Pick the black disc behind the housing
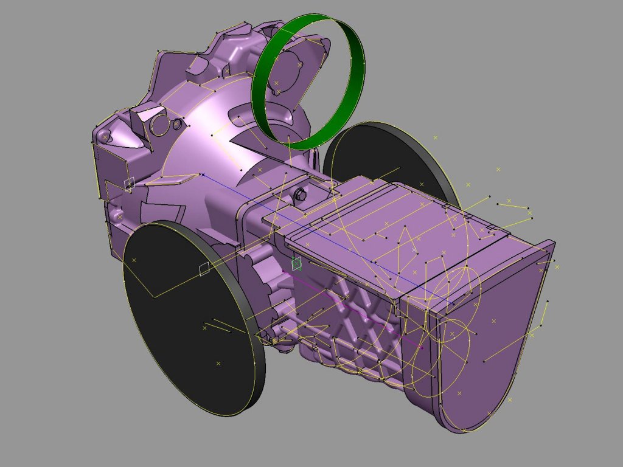pyautogui.click(x=389, y=152)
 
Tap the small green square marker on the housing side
pyautogui.click(x=296, y=263)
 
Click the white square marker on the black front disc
pyautogui.click(x=205, y=269)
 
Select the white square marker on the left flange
pyautogui.click(x=129, y=183)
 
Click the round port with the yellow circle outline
pyautogui.click(x=159, y=125)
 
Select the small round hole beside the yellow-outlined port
pyautogui.click(x=177, y=125)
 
